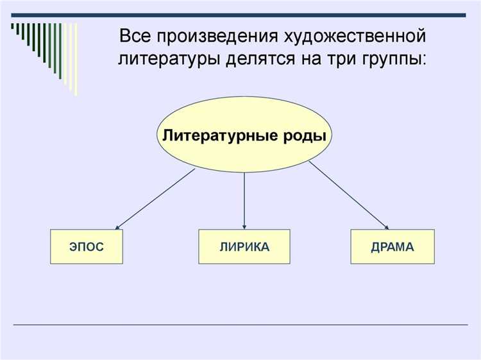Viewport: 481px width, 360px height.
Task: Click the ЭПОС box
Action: (86, 246)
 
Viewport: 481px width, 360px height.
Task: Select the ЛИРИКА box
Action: (243, 246)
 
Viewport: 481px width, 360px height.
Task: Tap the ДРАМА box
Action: (392, 246)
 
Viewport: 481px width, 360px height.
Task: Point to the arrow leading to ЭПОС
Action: (154, 198)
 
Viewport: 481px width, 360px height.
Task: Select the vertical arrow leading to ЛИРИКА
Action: (244, 199)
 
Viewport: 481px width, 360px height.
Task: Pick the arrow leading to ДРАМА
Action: (350, 195)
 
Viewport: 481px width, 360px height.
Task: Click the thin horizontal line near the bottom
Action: (240, 324)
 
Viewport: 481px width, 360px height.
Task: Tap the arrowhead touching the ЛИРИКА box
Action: (244, 224)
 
